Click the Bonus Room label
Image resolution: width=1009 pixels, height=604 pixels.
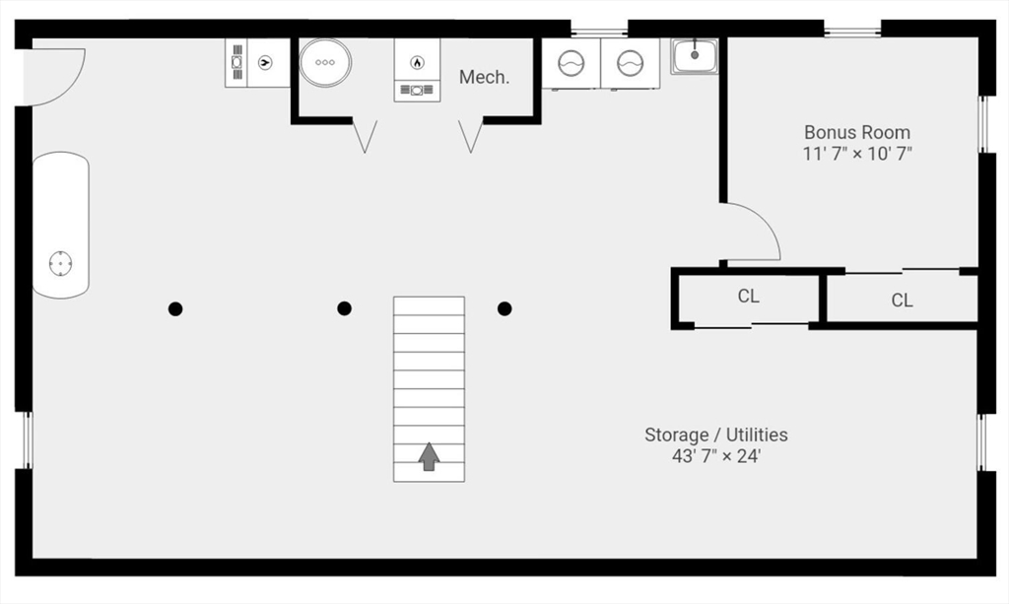(856, 132)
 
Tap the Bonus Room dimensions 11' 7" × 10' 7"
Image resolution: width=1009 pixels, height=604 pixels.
(856, 154)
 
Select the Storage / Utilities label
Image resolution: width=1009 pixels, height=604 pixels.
(715, 435)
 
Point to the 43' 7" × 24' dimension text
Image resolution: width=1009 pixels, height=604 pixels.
(715, 456)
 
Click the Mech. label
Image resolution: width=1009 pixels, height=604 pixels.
(484, 77)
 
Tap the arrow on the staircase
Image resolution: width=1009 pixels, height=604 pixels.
(429, 457)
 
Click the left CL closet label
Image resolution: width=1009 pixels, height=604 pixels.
(748, 296)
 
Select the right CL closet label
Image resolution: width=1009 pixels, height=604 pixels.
(902, 301)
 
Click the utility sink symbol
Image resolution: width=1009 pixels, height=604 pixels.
(695, 55)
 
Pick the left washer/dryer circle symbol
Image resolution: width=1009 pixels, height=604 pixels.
(571, 64)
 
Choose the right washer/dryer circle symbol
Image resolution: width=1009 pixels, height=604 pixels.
(630, 64)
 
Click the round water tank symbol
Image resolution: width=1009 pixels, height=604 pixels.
(324, 62)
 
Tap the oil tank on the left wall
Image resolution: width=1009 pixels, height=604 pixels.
(61, 225)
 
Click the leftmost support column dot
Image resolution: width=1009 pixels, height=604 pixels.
(175, 308)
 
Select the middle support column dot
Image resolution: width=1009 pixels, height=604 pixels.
(344, 308)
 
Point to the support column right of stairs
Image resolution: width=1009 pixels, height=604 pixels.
(504, 308)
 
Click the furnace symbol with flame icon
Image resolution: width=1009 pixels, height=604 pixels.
(417, 63)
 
